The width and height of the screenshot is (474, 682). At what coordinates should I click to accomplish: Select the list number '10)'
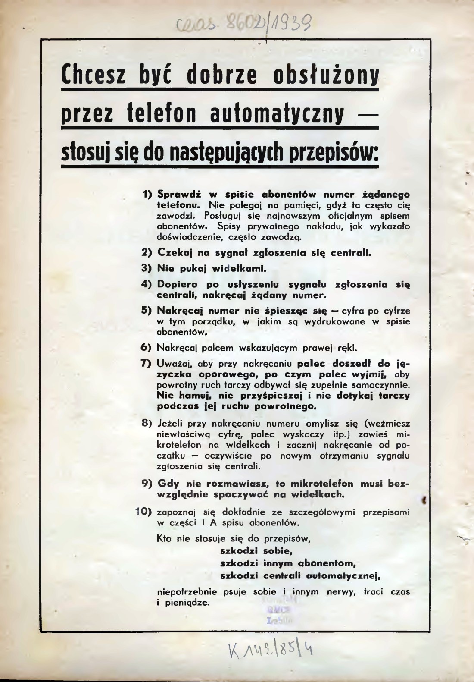pos(144,512)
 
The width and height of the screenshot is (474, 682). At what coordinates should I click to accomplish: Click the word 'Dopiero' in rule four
pos(178,285)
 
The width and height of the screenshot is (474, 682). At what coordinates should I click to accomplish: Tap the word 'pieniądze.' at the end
pos(183,603)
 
